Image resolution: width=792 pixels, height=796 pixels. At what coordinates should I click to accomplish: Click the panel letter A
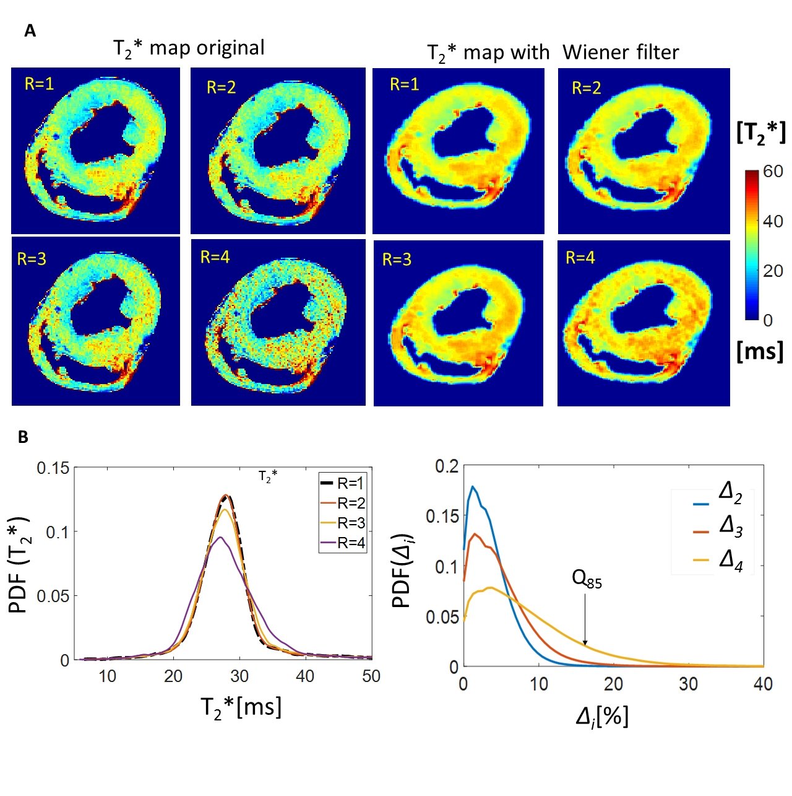point(30,30)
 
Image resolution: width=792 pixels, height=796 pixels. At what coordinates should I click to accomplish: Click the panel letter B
point(23,437)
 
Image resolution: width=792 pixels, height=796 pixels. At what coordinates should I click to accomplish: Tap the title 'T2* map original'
point(189,48)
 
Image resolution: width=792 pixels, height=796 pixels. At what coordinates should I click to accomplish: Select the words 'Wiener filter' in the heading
point(621,53)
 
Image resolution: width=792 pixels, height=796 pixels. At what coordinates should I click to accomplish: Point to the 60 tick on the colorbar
point(773,172)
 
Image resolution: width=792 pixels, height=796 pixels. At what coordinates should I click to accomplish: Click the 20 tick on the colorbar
point(773,271)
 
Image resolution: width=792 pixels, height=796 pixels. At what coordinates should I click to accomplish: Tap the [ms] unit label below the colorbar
point(760,351)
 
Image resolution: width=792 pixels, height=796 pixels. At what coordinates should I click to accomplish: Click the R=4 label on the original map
point(215,257)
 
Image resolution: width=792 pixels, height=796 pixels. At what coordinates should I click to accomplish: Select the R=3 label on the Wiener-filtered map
point(397,260)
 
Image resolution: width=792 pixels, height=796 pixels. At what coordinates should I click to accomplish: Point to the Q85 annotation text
point(587,579)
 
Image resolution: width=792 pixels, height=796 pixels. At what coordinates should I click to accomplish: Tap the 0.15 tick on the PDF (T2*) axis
point(53,468)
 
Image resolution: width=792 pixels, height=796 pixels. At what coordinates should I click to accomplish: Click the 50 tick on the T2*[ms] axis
point(371,676)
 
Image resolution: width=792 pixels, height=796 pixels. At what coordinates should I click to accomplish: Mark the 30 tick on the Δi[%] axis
point(688,684)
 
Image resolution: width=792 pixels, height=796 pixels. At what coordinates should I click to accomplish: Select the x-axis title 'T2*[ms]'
point(241,707)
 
